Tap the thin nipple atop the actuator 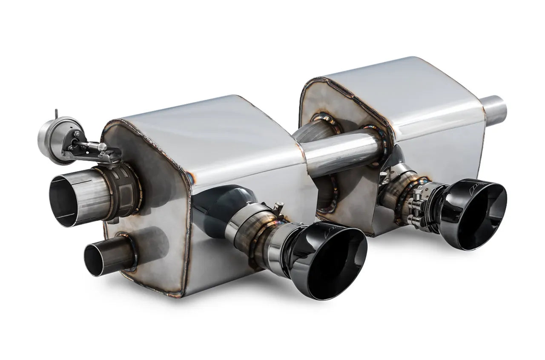coord(56,114)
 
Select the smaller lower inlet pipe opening coord(97,259)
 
